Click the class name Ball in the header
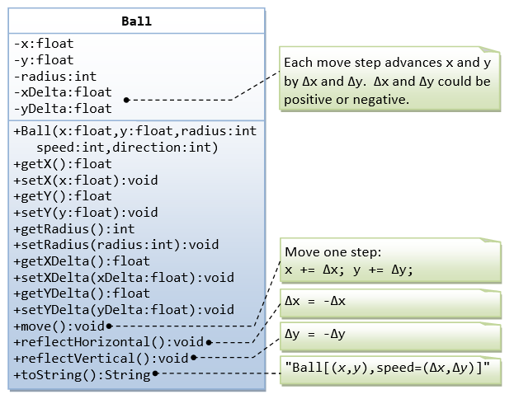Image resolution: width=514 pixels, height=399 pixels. [137, 22]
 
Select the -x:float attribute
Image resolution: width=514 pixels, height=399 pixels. [43, 44]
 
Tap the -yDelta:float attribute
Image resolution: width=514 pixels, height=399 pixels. [62, 109]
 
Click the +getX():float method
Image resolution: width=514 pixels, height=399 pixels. [63, 164]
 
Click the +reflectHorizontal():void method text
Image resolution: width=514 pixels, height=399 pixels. [108, 342]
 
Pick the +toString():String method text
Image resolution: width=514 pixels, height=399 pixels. [83, 374]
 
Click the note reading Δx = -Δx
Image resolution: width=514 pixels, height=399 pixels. [314, 302]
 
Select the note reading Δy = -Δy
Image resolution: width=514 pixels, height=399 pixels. [314, 334]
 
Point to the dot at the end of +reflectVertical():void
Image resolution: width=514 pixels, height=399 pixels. [195, 358]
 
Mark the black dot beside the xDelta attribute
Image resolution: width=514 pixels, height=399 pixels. [126, 100]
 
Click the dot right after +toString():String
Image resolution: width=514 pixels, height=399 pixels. [156, 374]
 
